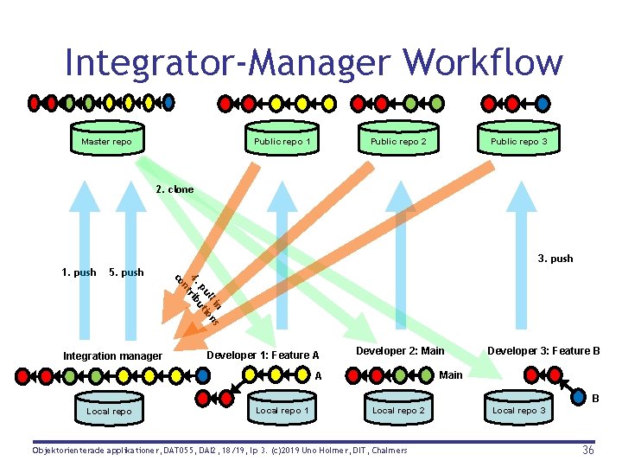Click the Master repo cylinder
pos(106,141)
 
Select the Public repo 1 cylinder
pos(282,141)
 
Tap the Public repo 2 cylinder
pos(398,141)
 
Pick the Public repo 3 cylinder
pos(518,141)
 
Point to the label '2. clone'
pos(175,189)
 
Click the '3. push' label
pos(555,259)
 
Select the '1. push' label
pos(79,272)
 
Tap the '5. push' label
pos(126,272)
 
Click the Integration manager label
pos(112,355)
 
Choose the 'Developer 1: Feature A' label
pos(263,355)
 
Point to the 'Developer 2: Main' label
pos(400,350)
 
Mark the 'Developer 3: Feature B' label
pos(543,350)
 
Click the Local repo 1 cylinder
pos(282,410)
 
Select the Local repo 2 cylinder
pos(398,410)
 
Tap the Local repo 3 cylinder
pos(518,410)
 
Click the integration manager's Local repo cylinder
pos(109,411)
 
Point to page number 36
pos(587,450)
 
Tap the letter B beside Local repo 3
pos(595,400)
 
